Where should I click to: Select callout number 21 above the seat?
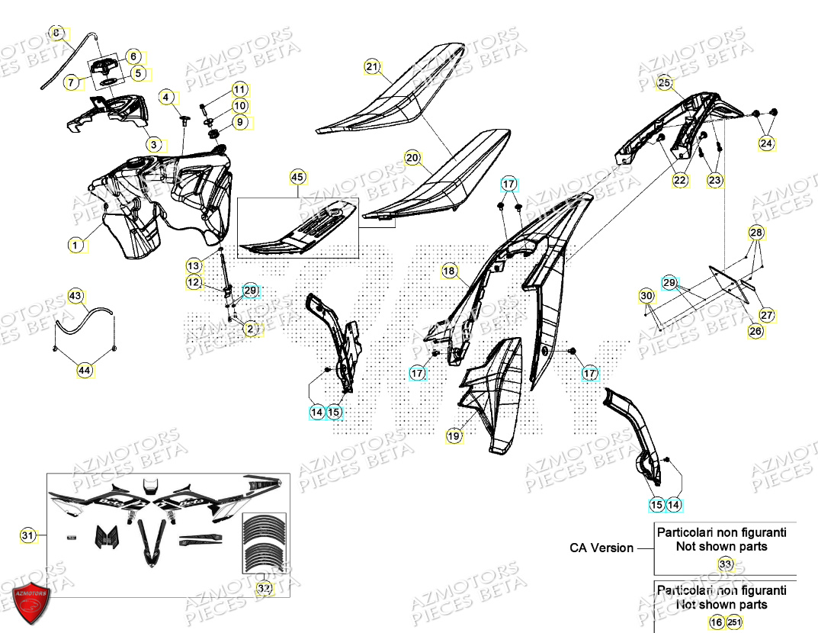(371, 67)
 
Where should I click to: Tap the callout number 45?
(297, 178)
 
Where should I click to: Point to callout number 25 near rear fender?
(664, 82)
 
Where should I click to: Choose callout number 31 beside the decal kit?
(27, 537)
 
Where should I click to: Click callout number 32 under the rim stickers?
(264, 589)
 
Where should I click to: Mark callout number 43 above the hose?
(75, 295)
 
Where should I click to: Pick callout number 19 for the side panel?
(454, 436)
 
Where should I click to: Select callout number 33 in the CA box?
(725, 564)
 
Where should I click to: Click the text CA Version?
(601, 548)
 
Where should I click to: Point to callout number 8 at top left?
(56, 33)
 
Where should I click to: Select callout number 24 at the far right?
(765, 143)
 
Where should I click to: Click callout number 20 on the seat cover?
(412, 159)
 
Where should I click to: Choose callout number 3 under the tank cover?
(153, 143)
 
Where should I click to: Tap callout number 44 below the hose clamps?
(84, 371)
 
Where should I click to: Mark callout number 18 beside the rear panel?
(449, 271)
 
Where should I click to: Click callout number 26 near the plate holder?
(755, 331)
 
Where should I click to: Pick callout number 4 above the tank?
(165, 97)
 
